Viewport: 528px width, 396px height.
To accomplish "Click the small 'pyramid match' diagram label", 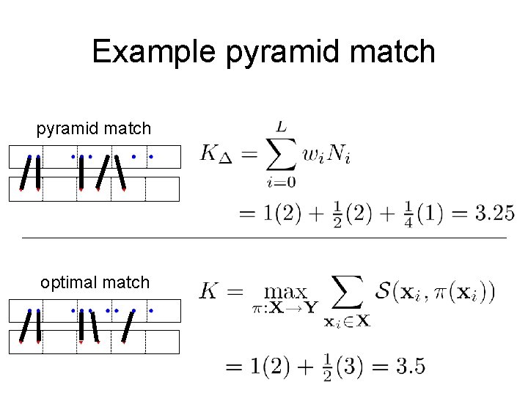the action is pyautogui.click(x=94, y=129).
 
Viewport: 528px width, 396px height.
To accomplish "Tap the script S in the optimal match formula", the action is pyautogui.click(x=384, y=291).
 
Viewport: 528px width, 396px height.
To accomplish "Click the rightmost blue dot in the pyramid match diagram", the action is pyautogui.click(x=150, y=156).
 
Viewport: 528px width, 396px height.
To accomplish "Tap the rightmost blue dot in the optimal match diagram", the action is pyautogui.click(x=150, y=311).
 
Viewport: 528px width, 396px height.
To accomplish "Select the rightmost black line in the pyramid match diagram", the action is pyautogui.click(x=119, y=173).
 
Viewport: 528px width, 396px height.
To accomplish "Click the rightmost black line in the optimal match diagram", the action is pyautogui.click(x=129, y=327).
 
